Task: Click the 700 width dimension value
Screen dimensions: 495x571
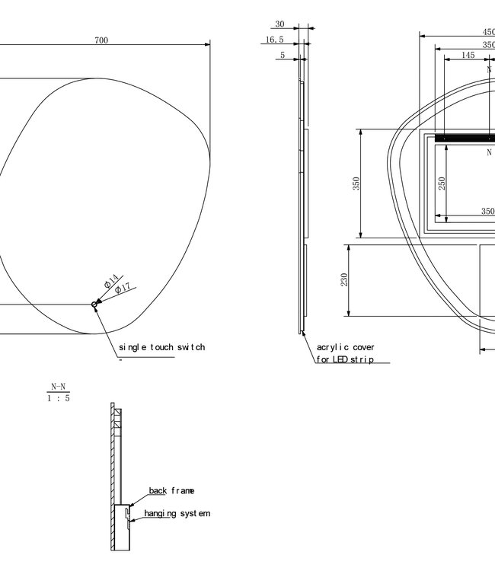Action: [101, 40]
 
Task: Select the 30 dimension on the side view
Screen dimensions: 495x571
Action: [279, 24]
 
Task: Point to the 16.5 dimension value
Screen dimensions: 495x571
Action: [274, 40]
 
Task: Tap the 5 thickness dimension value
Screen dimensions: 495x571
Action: [283, 55]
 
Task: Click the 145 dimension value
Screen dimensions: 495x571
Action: [468, 55]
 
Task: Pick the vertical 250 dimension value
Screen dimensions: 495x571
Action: [442, 183]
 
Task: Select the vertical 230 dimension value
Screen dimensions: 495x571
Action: [344, 279]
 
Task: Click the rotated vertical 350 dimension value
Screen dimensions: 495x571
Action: [356, 183]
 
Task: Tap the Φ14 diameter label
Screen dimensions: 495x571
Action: [111, 281]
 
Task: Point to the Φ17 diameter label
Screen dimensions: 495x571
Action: [123, 289]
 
